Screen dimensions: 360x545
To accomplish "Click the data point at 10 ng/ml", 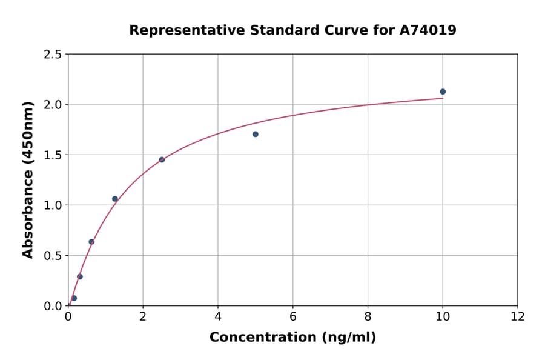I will click(x=443, y=92).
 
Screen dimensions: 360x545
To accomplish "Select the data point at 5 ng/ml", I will click(x=256, y=134).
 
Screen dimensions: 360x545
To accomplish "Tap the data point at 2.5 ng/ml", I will click(x=162, y=159).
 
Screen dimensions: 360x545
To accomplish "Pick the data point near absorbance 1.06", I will click(x=115, y=199).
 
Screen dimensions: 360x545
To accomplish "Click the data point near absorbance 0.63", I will click(x=91, y=242).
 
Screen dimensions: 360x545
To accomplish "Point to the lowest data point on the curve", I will click(x=74, y=298).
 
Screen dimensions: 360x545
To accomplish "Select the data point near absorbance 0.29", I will click(x=80, y=276).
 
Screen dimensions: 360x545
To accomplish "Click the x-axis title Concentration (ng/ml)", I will click(x=292, y=337).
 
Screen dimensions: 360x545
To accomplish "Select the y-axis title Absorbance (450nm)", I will click(x=28, y=179).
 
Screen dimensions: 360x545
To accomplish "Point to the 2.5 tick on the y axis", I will click(x=53, y=55).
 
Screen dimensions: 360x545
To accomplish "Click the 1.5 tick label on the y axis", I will click(x=53, y=155).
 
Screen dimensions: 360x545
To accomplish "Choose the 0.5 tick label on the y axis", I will click(x=53, y=256).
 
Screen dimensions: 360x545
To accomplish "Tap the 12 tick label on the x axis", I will click(x=518, y=316).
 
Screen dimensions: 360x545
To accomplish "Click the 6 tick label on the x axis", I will click(x=292, y=316).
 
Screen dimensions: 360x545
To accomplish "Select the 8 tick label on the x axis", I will click(x=368, y=316).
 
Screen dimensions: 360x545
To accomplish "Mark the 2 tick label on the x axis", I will click(x=143, y=316).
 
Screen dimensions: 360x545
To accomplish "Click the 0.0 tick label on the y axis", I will click(x=53, y=306).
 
